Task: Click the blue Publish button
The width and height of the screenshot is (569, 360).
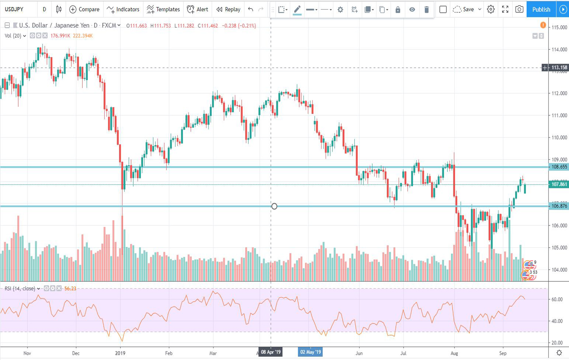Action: click(541, 10)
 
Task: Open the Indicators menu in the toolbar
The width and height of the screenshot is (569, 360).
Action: click(123, 10)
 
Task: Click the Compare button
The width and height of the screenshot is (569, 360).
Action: click(84, 10)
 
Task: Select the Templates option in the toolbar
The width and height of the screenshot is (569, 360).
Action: click(163, 10)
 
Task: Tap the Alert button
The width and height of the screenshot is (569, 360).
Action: click(198, 10)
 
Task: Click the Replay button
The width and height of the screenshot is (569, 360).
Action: click(228, 10)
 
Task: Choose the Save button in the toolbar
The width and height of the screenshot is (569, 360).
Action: click(464, 10)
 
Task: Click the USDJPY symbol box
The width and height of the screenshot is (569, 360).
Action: click(15, 10)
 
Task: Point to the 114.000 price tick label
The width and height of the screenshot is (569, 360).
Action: click(559, 49)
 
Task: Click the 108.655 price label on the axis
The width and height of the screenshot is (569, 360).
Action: click(559, 167)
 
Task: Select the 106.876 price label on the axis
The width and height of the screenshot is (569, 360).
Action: click(559, 206)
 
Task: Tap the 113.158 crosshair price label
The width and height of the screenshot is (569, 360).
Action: click(559, 68)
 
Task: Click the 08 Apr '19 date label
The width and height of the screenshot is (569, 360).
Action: click(271, 352)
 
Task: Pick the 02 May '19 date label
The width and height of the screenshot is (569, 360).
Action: click(310, 352)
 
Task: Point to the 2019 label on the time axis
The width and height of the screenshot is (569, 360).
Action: click(120, 353)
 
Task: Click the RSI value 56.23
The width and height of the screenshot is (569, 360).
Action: click(70, 289)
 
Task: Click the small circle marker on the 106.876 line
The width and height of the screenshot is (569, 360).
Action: click(274, 206)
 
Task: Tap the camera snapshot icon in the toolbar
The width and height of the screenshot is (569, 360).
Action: click(519, 10)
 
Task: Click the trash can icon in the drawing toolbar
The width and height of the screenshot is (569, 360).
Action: click(427, 10)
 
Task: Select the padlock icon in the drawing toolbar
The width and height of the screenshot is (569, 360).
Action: click(398, 10)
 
